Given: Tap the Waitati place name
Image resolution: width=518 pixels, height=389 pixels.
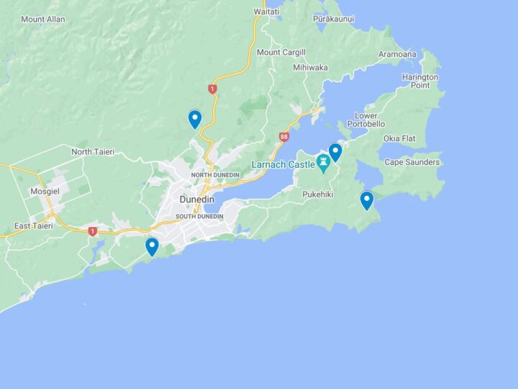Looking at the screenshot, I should tap(265, 12).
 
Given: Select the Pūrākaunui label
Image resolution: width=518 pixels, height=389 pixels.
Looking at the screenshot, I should tap(334, 19).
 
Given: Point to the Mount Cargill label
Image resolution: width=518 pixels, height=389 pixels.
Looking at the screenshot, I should tap(281, 53).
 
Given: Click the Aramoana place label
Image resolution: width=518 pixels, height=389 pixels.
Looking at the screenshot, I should tap(398, 55).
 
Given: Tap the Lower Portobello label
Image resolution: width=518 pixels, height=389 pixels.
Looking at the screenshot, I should tap(365, 120).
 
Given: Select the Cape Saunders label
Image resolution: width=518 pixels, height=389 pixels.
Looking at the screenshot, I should tap(412, 162).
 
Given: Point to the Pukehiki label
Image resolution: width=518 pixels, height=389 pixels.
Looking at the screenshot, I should tap(319, 194).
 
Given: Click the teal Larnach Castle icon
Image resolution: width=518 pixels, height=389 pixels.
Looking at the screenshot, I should tap(323, 165).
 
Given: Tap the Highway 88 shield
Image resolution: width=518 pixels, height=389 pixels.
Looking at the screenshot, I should tap(284, 137).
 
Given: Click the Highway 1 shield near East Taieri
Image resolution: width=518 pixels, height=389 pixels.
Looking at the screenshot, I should tap(92, 231).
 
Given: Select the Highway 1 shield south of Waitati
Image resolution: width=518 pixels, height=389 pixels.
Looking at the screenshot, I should tap(212, 89).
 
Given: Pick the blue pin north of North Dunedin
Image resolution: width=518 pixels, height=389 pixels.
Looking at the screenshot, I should tap(194, 119).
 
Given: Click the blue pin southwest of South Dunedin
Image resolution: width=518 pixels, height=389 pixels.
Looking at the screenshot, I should tap(152, 246).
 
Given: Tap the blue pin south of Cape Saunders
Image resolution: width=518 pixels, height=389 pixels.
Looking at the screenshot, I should tap(367, 200).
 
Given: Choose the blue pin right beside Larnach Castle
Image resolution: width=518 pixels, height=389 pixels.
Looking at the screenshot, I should tap(335, 152).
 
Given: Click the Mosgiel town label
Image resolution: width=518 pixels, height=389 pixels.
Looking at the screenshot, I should tap(44, 192).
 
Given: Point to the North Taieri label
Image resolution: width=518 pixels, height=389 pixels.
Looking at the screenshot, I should tap(92, 152).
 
